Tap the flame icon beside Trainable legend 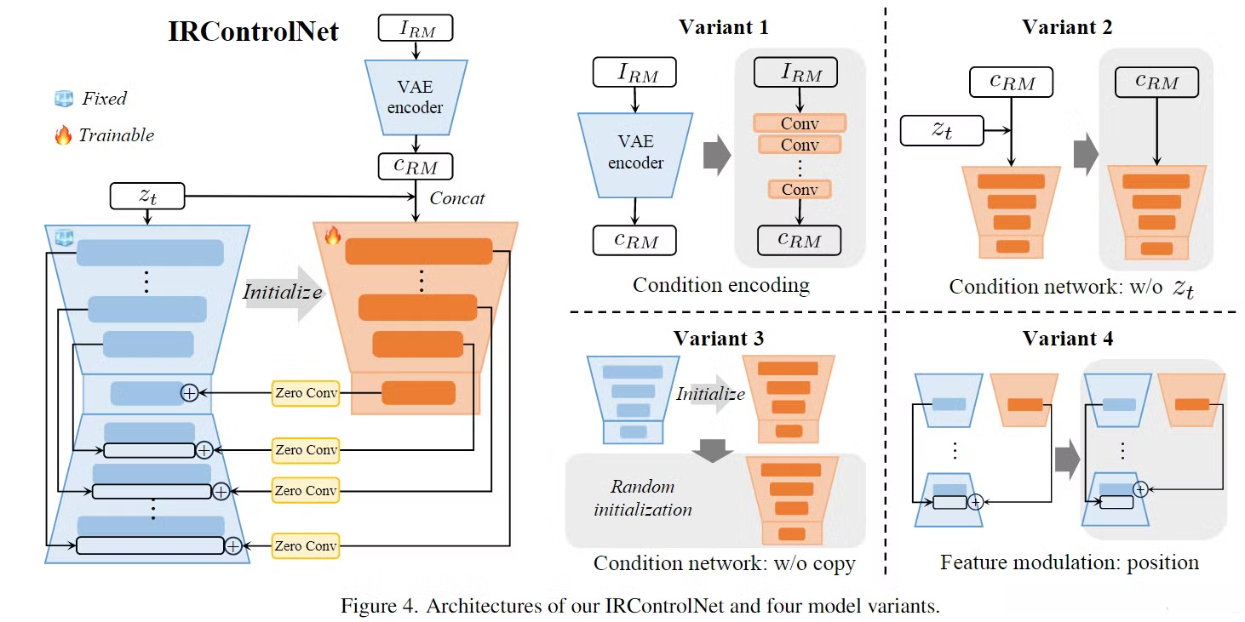click(63, 135)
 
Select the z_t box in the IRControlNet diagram click(147, 197)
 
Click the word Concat click(457, 198)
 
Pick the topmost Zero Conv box click(306, 393)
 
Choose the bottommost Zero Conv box click(306, 545)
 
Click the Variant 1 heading click(723, 27)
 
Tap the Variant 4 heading click(1067, 339)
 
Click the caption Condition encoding click(720, 285)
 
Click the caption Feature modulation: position click(1070, 562)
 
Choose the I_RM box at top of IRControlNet click(416, 29)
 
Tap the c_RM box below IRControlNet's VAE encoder click(416, 165)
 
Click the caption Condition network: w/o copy click(724, 563)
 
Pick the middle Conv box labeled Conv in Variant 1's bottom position click(800, 189)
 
